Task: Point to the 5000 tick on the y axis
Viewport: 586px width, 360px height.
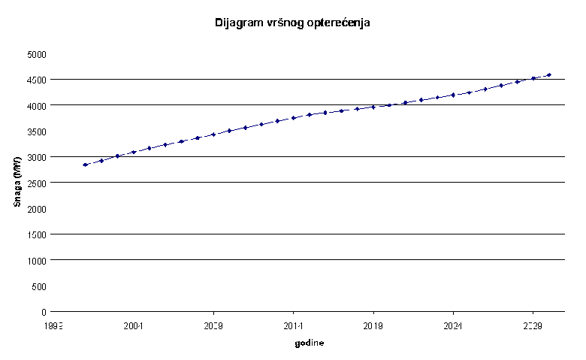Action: coord(36,54)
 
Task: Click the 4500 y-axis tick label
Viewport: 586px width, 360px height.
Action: coord(36,80)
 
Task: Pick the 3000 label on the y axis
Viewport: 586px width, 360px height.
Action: coord(36,157)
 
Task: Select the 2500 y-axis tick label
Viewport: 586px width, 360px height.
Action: coord(36,183)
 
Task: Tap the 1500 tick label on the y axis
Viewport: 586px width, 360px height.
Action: coord(36,234)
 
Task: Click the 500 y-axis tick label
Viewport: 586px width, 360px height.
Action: coord(39,286)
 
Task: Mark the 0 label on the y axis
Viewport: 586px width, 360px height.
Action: coord(44,312)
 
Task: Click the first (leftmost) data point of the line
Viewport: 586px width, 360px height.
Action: coord(86,165)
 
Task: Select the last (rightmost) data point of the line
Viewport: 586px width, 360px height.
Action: coord(548,75)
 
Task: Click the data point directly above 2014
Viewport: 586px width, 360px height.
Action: coord(293,118)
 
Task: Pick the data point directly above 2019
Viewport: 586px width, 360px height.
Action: coord(373,107)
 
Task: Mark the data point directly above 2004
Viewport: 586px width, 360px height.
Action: coord(134,152)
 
